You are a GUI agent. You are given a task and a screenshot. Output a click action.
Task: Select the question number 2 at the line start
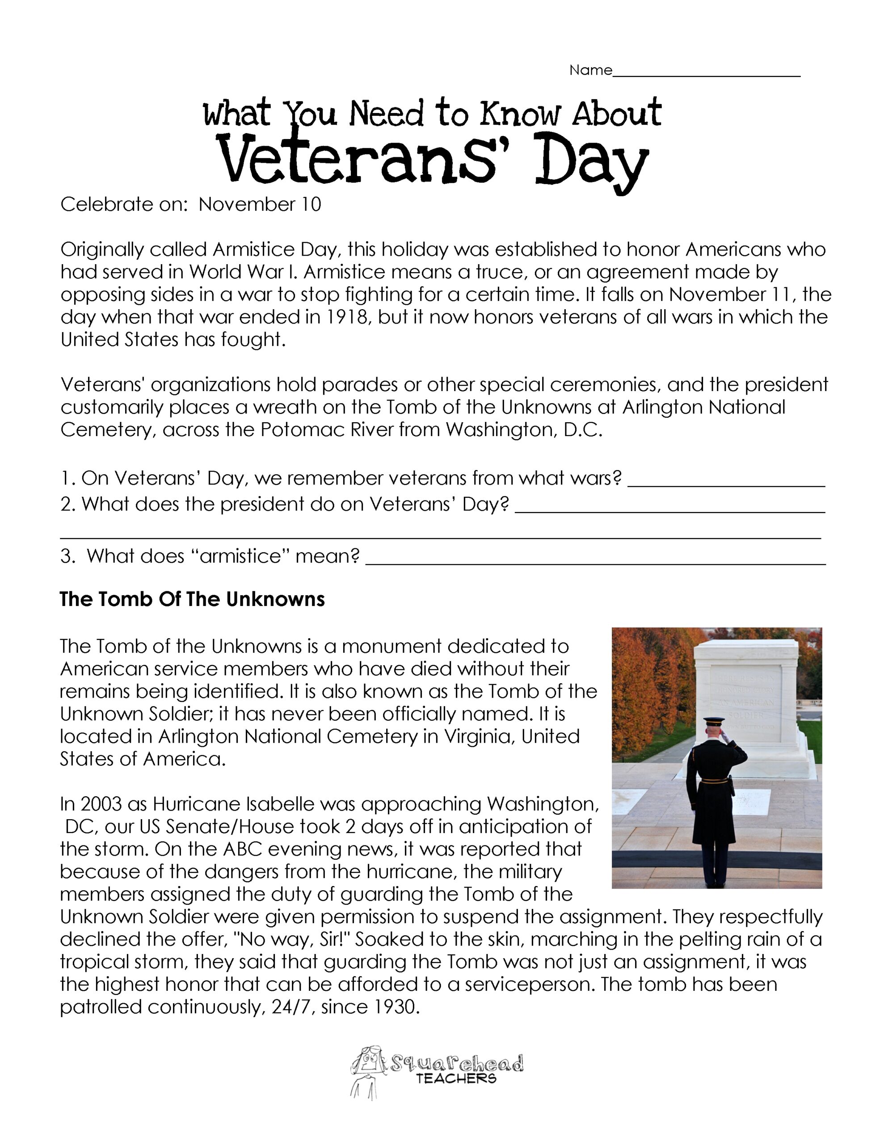(x=66, y=504)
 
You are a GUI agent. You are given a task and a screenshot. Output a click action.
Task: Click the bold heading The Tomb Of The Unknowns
(x=192, y=599)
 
